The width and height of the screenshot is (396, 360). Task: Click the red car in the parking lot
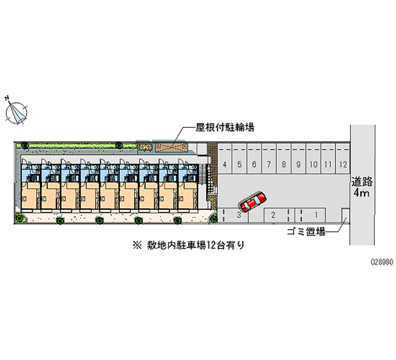(x=252, y=201)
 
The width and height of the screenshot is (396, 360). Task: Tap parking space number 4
(x=225, y=164)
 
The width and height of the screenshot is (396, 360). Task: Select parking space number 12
(x=343, y=164)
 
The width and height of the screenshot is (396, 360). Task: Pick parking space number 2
(x=273, y=214)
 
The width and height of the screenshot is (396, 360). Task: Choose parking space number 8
(x=284, y=164)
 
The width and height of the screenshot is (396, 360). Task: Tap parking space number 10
(x=313, y=164)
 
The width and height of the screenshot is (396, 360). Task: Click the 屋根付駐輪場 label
(x=225, y=128)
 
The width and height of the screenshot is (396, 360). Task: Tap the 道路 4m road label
(x=361, y=186)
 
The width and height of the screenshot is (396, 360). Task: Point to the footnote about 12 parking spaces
(x=188, y=245)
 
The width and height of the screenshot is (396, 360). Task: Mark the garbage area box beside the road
(x=346, y=216)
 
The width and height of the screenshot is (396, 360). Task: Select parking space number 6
(x=254, y=164)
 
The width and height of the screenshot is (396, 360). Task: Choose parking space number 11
(x=328, y=164)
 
